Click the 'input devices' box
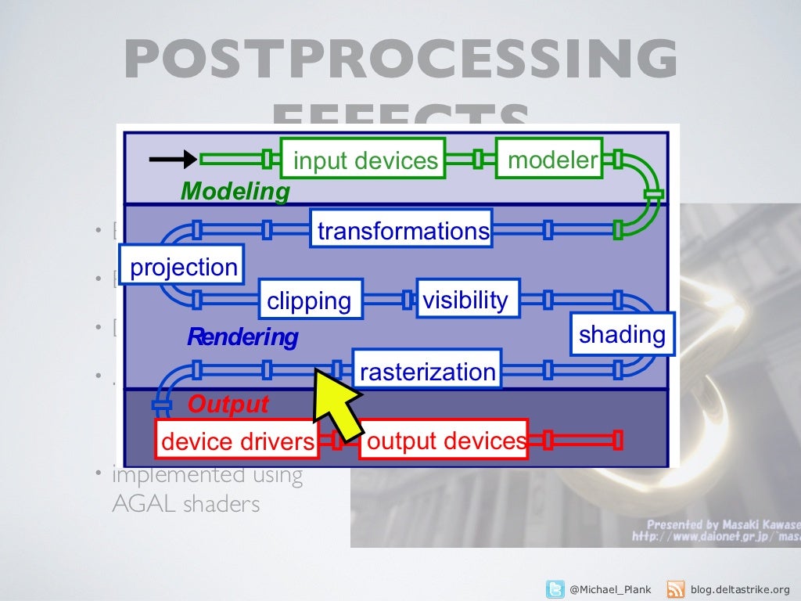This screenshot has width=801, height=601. point(363,159)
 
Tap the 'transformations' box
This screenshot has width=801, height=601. point(401,229)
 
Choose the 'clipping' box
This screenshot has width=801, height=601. point(310,300)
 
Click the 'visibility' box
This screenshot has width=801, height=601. point(467,298)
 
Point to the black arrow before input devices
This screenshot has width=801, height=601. point(173,159)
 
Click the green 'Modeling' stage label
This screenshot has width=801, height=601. point(235,191)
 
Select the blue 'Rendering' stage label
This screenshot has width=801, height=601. point(242,337)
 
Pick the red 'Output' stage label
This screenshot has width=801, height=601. point(228,405)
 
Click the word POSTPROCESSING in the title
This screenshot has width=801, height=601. point(400,59)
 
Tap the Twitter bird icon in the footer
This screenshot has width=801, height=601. point(555,588)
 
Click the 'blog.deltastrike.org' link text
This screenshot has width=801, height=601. point(741,589)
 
